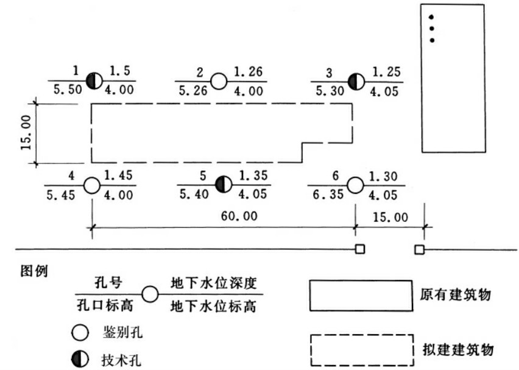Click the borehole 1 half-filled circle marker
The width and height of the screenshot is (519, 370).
coord(93,80)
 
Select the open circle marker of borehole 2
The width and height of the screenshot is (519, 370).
coord(219,80)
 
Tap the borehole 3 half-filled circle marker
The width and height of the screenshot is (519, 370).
coord(356,80)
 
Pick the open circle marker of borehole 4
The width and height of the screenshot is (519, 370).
coord(91,185)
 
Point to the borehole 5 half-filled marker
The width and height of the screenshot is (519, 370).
coord(223,183)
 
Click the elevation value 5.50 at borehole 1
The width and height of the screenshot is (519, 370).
coord(65,90)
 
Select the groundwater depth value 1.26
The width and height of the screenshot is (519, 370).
coord(247,72)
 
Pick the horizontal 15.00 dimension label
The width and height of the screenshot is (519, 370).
coord(390,217)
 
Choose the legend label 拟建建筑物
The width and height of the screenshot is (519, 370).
coord(461,350)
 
